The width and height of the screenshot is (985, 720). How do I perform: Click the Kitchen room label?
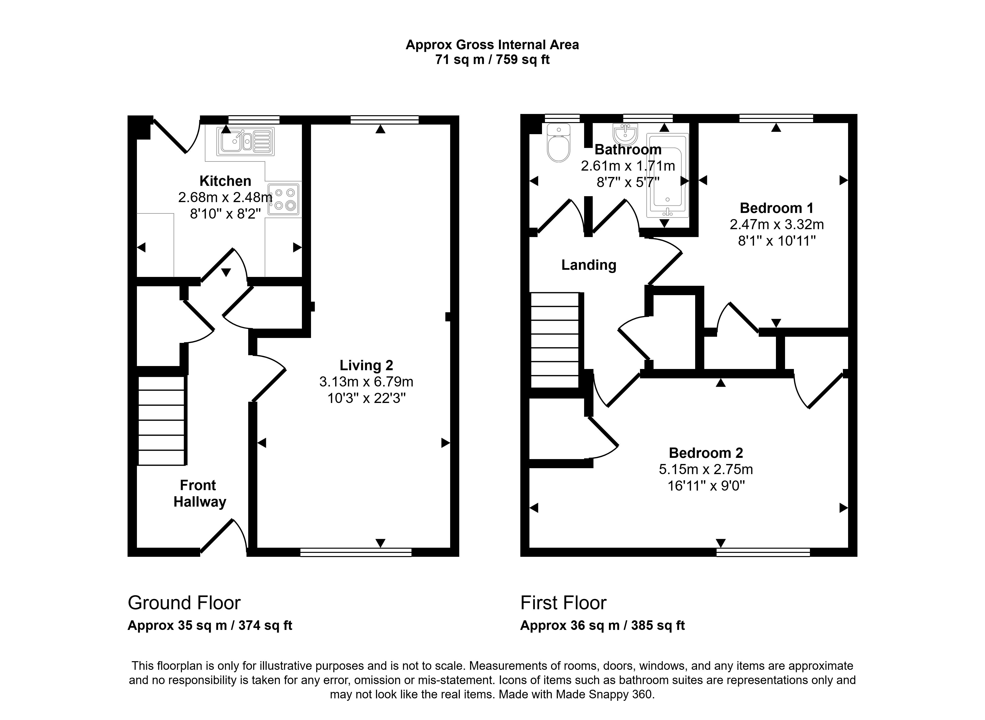click(225, 181)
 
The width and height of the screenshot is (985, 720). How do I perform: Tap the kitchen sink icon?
click(246, 142)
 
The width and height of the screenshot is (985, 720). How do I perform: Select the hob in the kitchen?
click(284, 199)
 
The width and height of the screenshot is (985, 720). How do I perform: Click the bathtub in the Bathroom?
click(668, 176)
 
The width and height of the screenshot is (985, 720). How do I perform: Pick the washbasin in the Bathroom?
click(625, 134)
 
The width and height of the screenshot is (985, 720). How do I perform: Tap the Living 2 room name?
click(366, 365)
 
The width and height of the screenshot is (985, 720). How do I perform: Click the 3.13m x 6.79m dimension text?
click(366, 382)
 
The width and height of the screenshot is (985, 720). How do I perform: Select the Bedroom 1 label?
click(777, 208)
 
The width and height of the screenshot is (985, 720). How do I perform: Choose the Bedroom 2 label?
click(706, 453)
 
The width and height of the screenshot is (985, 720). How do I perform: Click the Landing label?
click(589, 265)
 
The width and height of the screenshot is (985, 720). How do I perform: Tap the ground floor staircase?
click(162, 421)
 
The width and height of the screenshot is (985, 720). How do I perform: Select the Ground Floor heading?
click(184, 603)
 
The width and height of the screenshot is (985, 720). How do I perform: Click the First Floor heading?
click(563, 603)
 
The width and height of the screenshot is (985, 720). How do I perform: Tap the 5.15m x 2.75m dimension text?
click(706, 469)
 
